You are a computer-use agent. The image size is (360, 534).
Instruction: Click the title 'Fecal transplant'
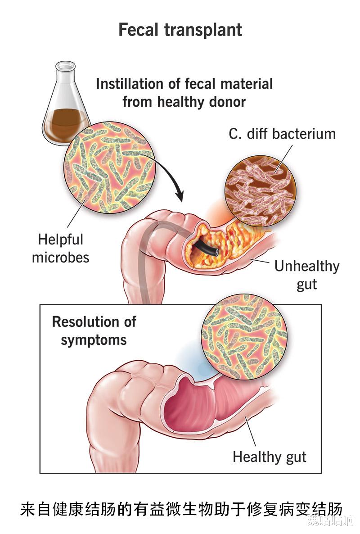click(x=180, y=30)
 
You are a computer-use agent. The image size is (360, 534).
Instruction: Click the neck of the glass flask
click(x=65, y=74)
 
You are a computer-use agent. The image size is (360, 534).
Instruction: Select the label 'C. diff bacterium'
click(x=282, y=134)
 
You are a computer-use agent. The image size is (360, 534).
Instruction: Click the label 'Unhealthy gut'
click(x=306, y=275)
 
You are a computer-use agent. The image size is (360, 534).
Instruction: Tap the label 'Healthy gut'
click(x=269, y=457)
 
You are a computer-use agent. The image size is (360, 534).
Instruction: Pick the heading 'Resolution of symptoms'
click(x=94, y=330)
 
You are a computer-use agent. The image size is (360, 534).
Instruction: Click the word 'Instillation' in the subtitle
click(x=130, y=84)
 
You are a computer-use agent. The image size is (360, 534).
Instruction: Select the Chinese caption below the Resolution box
click(x=180, y=509)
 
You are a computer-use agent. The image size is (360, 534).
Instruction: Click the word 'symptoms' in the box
click(x=94, y=339)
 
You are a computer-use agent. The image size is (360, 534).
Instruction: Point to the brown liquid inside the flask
click(x=65, y=121)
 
